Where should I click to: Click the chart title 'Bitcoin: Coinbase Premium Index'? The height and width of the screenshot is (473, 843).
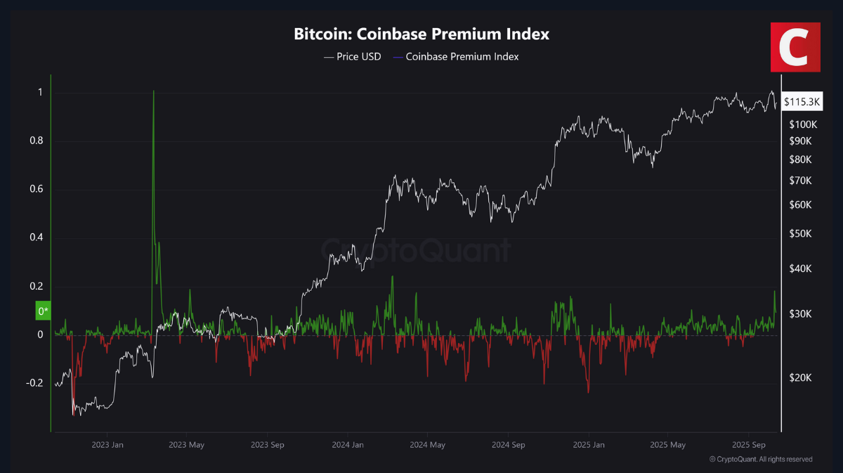pyautogui.click(x=421, y=34)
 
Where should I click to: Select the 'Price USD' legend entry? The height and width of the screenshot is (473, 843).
pyautogui.click(x=353, y=57)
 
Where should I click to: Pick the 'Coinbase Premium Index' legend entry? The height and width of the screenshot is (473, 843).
pyautogui.click(x=456, y=57)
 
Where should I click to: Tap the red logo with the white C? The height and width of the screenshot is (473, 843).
pyautogui.click(x=795, y=46)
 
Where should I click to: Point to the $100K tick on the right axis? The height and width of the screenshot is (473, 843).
pyautogui.click(x=804, y=124)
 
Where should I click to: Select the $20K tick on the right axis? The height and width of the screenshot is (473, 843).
pyautogui.click(x=800, y=377)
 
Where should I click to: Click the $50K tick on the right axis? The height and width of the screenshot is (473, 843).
pyautogui.click(x=801, y=233)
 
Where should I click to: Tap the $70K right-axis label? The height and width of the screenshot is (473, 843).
pyautogui.click(x=801, y=181)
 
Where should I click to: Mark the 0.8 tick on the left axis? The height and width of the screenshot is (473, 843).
pyautogui.click(x=37, y=141)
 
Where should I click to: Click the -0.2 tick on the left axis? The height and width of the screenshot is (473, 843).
pyautogui.click(x=34, y=383)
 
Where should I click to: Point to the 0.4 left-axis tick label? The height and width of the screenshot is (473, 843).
pyautogui.click(x=37, y=238)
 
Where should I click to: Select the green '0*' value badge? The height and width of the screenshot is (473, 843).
pyautogui.click(x=44, y=310)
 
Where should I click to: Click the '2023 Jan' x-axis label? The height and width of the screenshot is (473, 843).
pyautogui.click(x=107, y=444)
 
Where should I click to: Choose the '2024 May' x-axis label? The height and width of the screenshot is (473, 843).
pyautogui.click(x=428, y=444)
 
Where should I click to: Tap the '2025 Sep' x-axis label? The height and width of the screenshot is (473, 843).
pyautogui.click(x=748, y=444)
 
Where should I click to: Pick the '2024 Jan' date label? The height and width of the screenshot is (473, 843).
pyautogui.click(x=348, y=444)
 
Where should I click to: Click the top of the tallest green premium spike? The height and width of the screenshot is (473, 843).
pyautogui.click(x=153, y=91)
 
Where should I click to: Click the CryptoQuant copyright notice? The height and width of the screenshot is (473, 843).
pyautogui.click(x=761, y=459)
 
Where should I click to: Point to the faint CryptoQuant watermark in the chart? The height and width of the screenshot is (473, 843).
pyautogui.click(x=416, y=250)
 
